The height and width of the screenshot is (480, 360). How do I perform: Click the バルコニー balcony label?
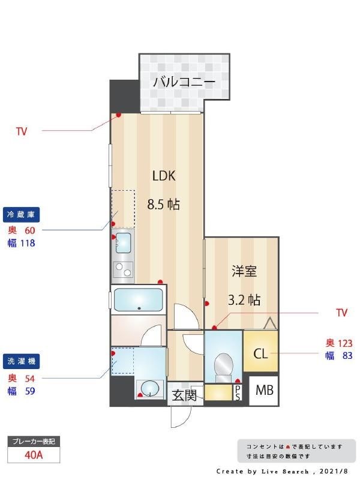[x=184, y=82]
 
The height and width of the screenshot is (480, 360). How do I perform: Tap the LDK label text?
[x=163, y=176]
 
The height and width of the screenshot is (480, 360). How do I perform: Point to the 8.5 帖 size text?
[x=164, y=204]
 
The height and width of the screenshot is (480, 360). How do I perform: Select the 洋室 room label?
[x=244, y=271]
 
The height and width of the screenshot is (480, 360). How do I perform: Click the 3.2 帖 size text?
[x=244, y=299]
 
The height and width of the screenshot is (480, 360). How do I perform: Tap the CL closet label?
[x=260, y=353]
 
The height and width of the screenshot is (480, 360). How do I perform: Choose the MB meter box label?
[x=264, y=391]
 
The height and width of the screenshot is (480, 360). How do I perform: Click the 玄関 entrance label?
[x=184, y=395]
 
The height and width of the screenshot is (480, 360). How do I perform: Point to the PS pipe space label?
[x=238, y=392]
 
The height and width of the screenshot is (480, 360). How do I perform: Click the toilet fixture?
[x=223, y=365]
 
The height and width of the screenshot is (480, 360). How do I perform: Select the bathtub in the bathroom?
[x=139, y=299]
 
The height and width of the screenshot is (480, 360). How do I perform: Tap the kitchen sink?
[x=123, y=243]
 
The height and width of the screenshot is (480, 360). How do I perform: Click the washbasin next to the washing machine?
[x=149, y=389]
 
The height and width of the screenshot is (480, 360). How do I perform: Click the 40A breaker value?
[x=34, y=454]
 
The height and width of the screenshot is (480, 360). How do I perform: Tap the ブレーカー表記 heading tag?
[x=34, y=442]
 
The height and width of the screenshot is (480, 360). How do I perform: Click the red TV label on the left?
[x=22, y=130]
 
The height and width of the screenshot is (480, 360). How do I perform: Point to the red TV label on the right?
[x=341, y=313]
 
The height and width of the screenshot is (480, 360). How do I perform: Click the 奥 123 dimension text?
[x=339, y=343]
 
